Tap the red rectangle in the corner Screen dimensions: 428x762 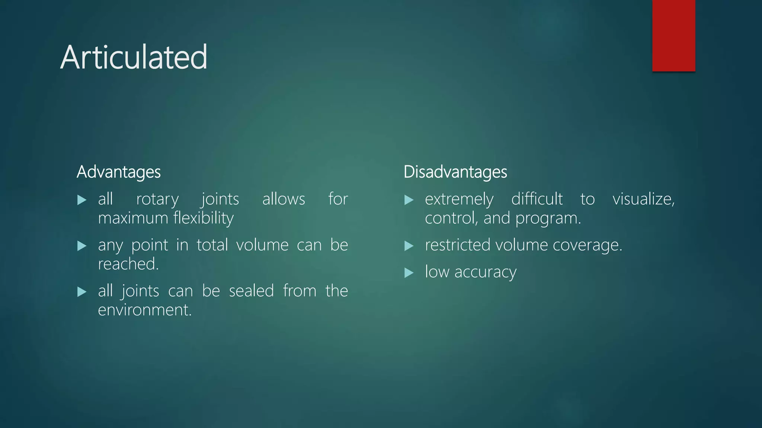coord(673,35)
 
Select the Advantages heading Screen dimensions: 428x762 coord(119,172)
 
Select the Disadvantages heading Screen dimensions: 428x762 coord(455,172)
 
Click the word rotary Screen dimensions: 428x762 coord(157,200)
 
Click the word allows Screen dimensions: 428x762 coord(284,199)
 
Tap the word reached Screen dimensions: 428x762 coord(128,264)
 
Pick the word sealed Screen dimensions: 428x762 coord(251,291)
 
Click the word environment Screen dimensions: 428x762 coord(144,310)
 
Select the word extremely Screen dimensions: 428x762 coord(459,200)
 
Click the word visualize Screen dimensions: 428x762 coord(643,199)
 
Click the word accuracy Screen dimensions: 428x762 coord(485,272)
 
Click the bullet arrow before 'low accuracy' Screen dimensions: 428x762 coord(409,273)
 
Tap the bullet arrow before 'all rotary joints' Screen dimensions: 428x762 coord(81,200)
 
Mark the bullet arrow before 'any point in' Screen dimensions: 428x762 coord(81,246)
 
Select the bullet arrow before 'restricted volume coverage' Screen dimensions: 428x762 coord(409,246)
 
